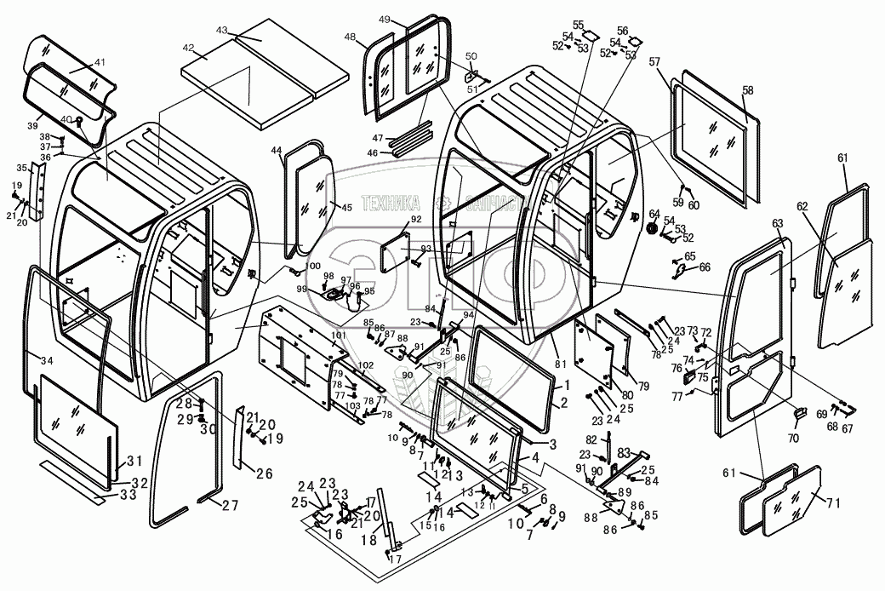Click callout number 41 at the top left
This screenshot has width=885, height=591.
(x=100, y=63)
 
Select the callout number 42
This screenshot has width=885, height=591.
(x=188, y=49)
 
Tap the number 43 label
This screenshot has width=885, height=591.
(x=223, y=31)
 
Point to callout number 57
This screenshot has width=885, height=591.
(x=655, y=61)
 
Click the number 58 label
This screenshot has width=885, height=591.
(x=747, y=90)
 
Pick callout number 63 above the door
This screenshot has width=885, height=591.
(x=777, y=223)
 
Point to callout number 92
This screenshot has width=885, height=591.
(x=416, y=220)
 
